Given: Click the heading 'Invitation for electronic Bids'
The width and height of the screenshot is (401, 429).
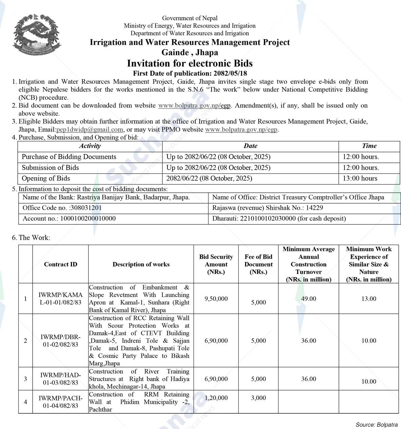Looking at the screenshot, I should pos(190,64).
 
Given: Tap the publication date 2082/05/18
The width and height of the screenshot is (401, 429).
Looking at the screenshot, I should pos(230,73).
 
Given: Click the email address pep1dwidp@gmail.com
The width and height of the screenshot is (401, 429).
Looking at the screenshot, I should pos(90,130).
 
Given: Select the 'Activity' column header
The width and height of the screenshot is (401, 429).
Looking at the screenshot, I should pos(90,146).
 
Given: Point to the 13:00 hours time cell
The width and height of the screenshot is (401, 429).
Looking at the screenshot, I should pos(360,178).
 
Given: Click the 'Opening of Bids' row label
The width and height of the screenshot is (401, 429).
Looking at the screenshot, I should pos(46,178).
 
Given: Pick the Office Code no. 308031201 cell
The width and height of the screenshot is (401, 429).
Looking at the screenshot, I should pos(62,208).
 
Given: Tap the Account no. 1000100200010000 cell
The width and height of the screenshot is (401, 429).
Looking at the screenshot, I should pos(69,219).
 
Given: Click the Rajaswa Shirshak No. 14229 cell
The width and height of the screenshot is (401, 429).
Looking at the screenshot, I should pos(268,208).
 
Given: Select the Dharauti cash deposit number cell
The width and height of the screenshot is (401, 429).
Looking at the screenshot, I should pos(279,219).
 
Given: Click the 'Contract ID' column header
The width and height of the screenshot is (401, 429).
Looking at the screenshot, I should pos(60,264).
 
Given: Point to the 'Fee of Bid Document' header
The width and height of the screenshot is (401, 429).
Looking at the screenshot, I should pos(258,264).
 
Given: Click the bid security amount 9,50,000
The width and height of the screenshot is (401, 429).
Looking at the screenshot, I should pos(216,299).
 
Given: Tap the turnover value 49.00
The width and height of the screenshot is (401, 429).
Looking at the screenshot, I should pos(309,299).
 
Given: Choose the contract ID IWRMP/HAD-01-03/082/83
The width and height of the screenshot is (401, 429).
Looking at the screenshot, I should pos(60,379).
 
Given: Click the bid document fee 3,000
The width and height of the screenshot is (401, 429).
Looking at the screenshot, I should pos(258,398).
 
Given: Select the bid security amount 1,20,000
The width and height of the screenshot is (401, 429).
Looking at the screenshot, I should pos(216,398).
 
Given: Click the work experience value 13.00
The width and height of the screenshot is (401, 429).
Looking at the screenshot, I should pos(369,299).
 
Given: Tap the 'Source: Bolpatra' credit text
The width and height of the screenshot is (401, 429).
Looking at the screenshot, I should pos(377,425).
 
